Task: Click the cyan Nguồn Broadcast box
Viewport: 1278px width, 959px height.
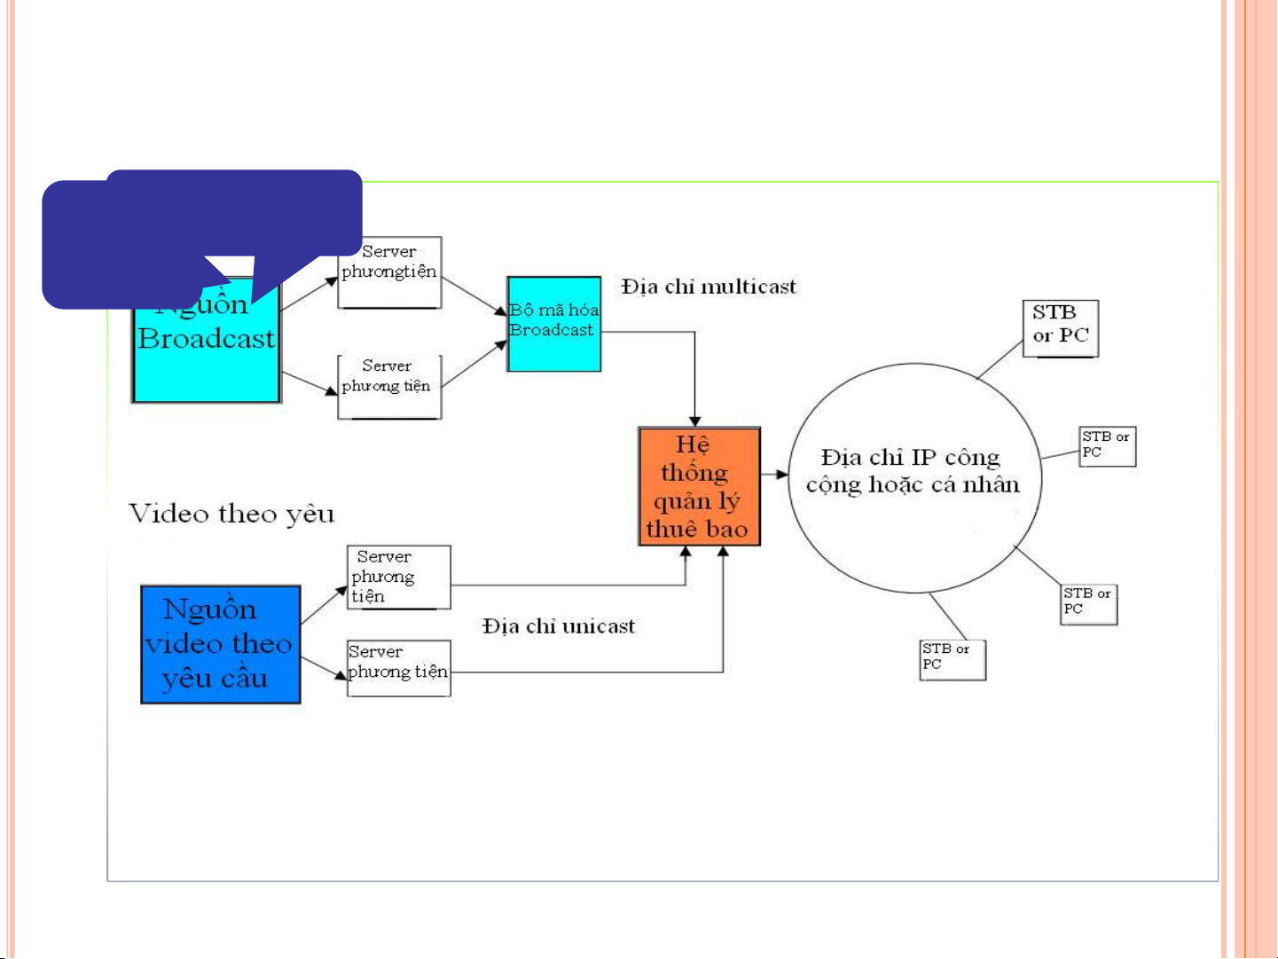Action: coord(207,355)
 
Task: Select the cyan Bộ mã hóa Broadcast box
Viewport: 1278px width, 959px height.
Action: coord(553,323)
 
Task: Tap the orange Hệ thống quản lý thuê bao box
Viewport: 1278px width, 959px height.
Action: coord(699,486)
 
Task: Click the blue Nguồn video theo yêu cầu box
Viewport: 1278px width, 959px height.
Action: coord(220,644)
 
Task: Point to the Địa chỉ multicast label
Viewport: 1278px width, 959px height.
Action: coord(708,287)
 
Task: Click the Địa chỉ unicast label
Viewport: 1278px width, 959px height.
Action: coord(559,626)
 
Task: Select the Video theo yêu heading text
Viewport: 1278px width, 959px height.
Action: coord(231,514)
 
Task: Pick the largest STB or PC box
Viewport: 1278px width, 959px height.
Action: coord(1060,328)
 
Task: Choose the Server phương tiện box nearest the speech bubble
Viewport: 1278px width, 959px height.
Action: coord(389,272)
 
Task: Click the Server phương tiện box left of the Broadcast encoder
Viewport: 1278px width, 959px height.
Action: coord(389,387)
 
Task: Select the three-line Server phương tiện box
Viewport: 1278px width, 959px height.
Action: coord(398,578)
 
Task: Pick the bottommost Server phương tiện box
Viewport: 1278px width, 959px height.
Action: coord(398,668)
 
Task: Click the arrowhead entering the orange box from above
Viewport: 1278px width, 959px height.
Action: coord(695,421)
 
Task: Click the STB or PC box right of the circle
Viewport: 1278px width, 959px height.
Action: coord(1108,446)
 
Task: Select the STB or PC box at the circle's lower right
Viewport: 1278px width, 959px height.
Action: coord(1089,604)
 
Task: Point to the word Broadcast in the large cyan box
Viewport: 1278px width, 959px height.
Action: coord(207,339)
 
